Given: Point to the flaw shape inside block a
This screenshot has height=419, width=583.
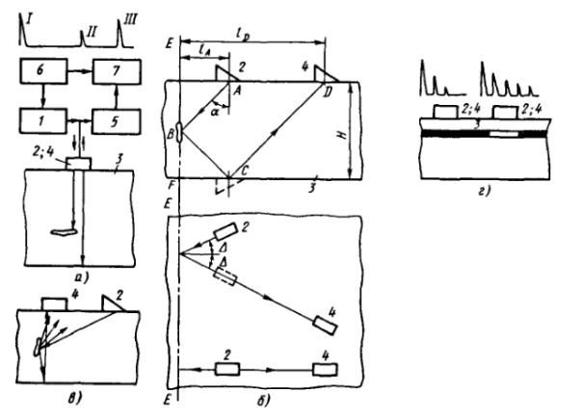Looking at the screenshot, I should [x=62, y=230].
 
